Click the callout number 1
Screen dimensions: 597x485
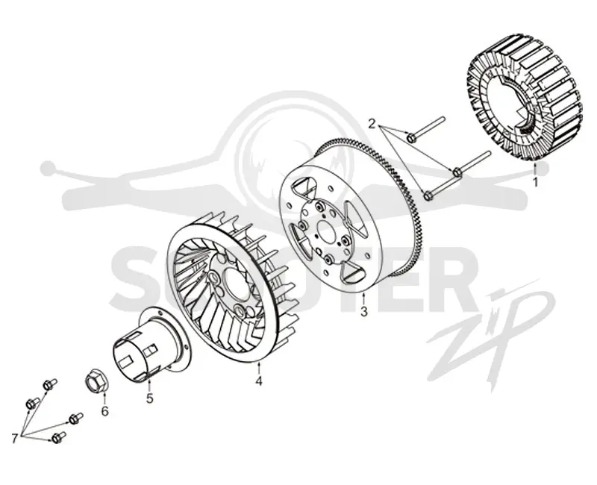pyautogui.click(x=536, y=182)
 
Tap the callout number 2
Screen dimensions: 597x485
pyautogui.click(x=372, y=123)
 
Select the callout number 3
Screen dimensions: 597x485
pyautogui.click(x=364, y=311)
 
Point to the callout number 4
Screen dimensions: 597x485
pyautogui.click(x=259, y=381)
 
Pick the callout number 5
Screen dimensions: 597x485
pyautogui.click(x=150, y=398)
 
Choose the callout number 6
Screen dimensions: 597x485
pyautogui.click(x=104, y=411)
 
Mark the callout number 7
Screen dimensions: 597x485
pyautogui.click(x=15, y=439)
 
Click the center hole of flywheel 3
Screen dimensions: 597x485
pyautogui.click(x=325, y=231)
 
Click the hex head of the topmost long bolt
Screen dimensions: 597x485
pyautogui.click(x=412, y=138)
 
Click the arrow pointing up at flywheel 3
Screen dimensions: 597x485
pyautogui.click(x=364, y=299)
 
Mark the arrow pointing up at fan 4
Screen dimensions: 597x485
pyautogui.click(x=259, y=368)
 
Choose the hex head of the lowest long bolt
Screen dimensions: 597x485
pyautogui.click(x=428, y=195)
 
